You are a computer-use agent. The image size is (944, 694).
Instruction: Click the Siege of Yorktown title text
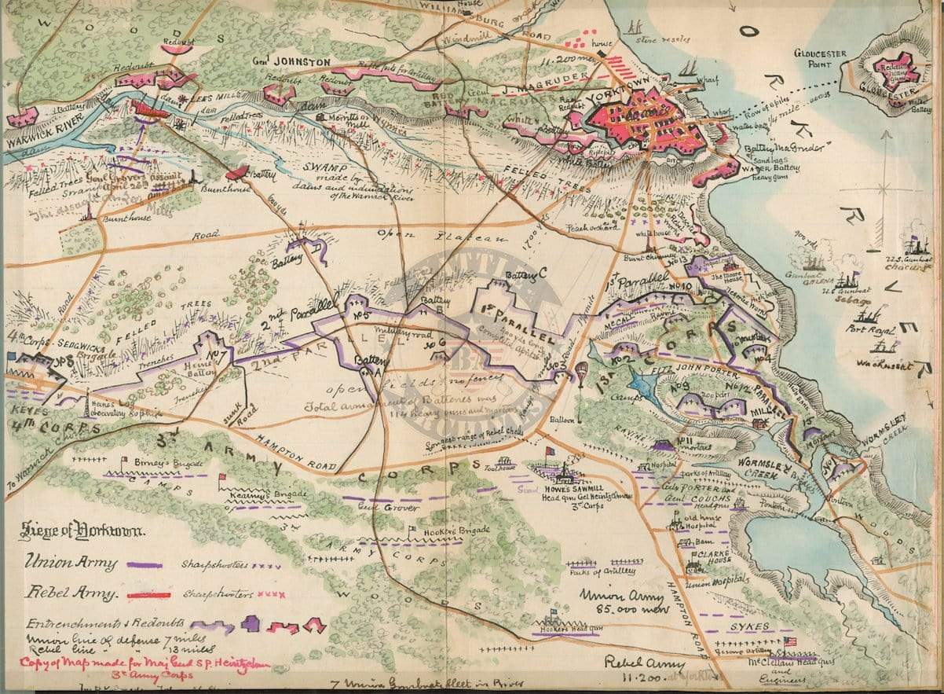[x=82, y=532]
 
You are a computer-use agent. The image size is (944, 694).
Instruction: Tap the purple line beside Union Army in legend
[x=146, y=564]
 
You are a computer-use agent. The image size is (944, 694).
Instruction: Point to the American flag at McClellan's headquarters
[x=789, y=641]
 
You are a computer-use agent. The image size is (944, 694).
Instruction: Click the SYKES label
[x=750, y=627]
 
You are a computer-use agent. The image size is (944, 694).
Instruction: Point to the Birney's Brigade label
[x=163, y=463]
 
